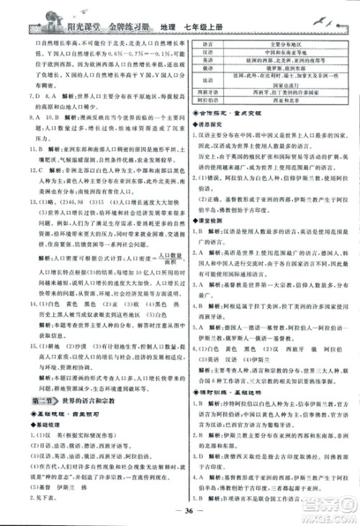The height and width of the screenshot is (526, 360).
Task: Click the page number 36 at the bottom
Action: [x=180, y=513]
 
